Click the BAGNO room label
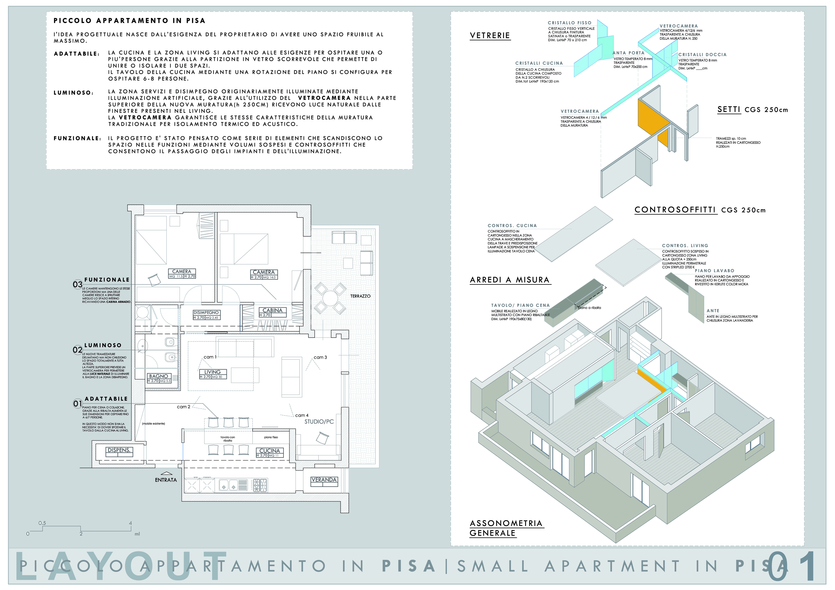coord(158,376)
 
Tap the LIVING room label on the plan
coord(212,372)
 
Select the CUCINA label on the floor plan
coord(270,450)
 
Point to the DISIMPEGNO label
coord(206,313)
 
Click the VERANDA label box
coord(324,480)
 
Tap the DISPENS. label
coord(119,450)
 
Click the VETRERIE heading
coord(490,36)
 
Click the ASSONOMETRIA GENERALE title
coord(506,528)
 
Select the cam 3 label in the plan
coord(320,357)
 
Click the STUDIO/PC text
coord(319,422)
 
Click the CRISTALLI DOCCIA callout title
coord(702,54)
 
